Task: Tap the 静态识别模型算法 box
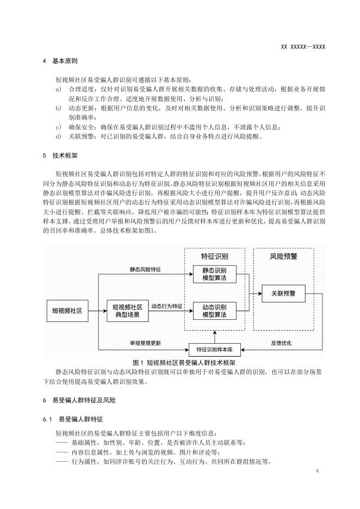pos(214,274)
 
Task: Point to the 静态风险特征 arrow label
pos(148,269)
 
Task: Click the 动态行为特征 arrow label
pos(166,306)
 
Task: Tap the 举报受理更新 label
pos(148,344)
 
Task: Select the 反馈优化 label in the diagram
pos(282,344)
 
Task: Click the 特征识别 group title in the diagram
pos(214,256)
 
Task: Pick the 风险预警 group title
pos(283,256)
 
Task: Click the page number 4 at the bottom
pos(317,470)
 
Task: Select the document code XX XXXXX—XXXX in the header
pos(302,47)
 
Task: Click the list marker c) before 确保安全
pos(58,127)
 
